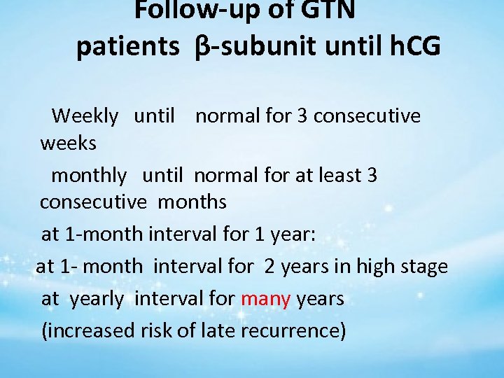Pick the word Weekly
[x=85, y=115]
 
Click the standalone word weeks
[x=69, y=144]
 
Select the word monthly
[x=90, y=174]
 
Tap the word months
[x=192, y=202]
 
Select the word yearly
[x=97, y=298]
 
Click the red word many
[x=265, y=298]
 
